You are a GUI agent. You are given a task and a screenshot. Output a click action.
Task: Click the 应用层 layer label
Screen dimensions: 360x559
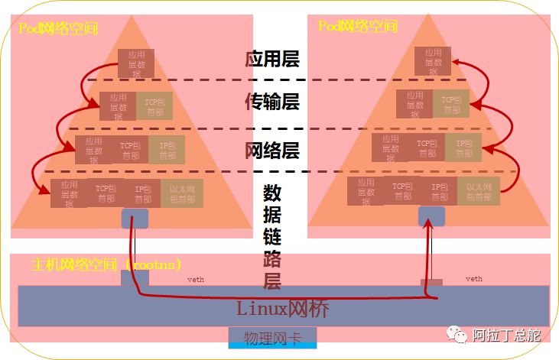pyautogui.click(x=271, y=59)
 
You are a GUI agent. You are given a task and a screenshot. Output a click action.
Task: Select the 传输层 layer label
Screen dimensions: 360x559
pyautogui.click(x=271, y=102)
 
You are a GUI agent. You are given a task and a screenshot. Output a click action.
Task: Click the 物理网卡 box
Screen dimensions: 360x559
pyautogui.click(x=271, y=338)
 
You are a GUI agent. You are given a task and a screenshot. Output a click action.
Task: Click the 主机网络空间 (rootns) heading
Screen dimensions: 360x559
pyautogui.click(x=107, y=265)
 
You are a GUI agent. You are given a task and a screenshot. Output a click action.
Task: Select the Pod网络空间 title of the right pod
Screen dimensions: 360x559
pyautogui.click(x=358, y=26)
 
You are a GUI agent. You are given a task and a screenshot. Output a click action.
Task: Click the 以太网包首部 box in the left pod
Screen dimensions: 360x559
pyautogui.click(x=182, y=193)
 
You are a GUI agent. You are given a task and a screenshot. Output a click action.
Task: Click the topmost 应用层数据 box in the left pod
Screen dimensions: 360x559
pyautogui.click(x=136, y=63)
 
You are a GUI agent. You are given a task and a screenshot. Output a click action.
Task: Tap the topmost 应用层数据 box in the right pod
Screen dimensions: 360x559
pyautogui.click(x=433, y=61)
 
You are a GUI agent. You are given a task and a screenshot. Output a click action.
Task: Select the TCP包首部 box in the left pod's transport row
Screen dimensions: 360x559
pyautogui.click(x=154, y=106)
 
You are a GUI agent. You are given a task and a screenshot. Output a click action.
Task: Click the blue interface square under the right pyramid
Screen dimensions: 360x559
pyautogui.click(x=431, y=216)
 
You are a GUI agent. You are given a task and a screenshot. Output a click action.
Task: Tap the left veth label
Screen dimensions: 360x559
pyautogui.click(x=197, y=280)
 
